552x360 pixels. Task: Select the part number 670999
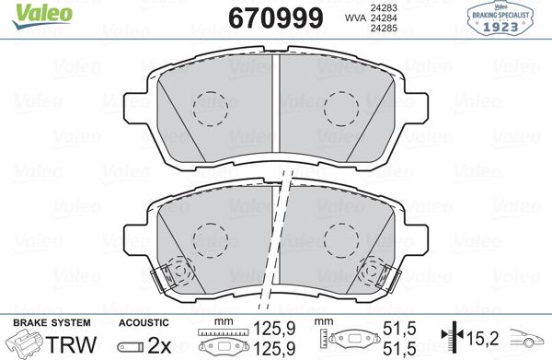click(x=267, y=17)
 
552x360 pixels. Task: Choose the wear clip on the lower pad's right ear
click(x=379, y=273)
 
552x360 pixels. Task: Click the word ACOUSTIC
click(x=144, y=322)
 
